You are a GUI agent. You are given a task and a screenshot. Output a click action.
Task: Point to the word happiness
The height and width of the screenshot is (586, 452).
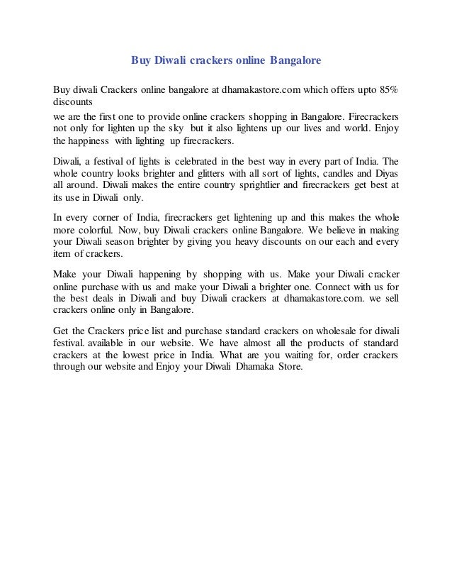pos(98,141)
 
